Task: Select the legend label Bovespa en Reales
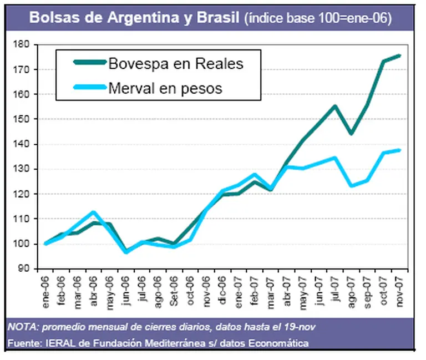point(176,63)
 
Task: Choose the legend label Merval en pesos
point(165,88)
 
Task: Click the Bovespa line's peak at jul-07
point(335,106)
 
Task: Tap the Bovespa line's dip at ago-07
point(351,134)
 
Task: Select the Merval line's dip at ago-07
point(351,185)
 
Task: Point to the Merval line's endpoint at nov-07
point(399,150)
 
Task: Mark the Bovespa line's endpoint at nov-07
point(399,55)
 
